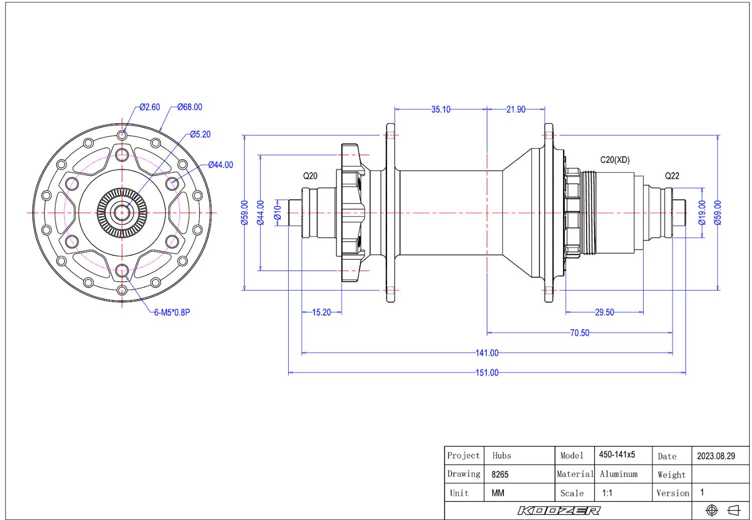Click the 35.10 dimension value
(x=441, y=110)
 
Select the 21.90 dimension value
(x=516, y=110)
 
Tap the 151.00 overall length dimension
(x=487, y=373)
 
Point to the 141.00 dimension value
(x=487, y=353)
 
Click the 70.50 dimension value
(x=580, y=333)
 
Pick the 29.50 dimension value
(x=604, y=312)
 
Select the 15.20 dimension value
(x=321, y=312)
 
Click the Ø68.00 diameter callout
(x=190, y=107)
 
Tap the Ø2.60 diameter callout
(x=150, y=107)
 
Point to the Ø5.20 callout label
(x=200, y=135)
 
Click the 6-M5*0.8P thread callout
(x=172, y=313)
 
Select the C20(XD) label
(x=615, y=160)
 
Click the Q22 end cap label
(x=672, y=176)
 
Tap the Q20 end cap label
(x=310, y=176)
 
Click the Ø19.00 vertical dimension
(x=702, y=213)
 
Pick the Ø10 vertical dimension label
(x=277, y=213)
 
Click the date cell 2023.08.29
(x=716, y=456)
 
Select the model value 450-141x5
(x=617, y=454)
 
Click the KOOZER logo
(x=558, y=510)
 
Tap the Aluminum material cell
(x=618, y=474)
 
